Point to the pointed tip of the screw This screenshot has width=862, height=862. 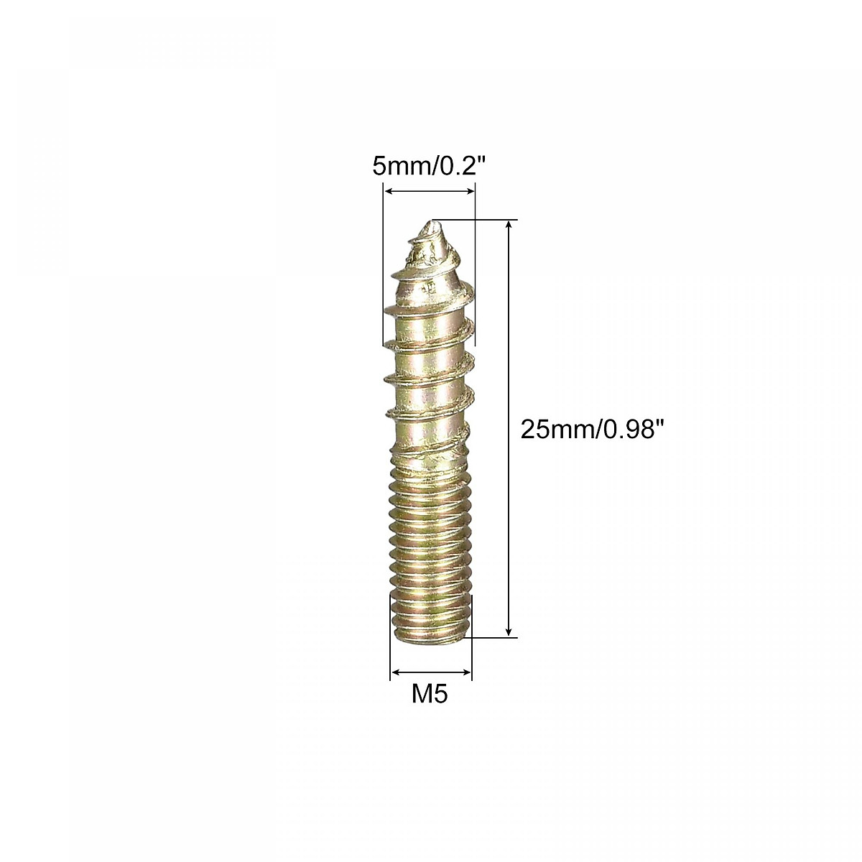[x=431, y=223]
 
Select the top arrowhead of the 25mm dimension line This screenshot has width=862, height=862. [x=510, y=225]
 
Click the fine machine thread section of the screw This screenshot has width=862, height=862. [x=430, y=546]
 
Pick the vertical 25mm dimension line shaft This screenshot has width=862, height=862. [x=510, y=431]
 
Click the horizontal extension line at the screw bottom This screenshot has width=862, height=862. [x=492, y=636]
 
